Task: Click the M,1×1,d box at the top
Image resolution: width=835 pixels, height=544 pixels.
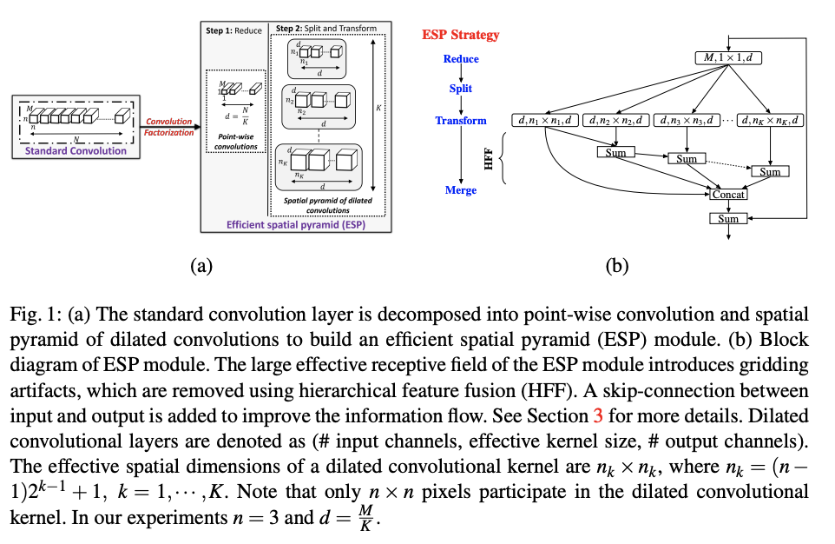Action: tap(728, 58)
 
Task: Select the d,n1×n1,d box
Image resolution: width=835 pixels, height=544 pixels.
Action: tap(546, 120)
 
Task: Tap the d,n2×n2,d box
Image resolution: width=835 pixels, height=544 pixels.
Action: tap(615, 120)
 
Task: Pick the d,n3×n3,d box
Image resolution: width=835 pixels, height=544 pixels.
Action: tap(686, 120)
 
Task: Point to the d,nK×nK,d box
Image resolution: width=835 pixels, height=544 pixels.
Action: tap(770, 120)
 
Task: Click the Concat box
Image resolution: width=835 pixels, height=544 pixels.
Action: tap(728, 195)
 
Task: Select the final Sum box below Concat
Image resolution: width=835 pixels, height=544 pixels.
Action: tap(728, 219)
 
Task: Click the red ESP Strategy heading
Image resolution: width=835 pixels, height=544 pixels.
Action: tap(461, 35)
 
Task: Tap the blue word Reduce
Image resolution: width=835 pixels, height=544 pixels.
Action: tap(461, 59)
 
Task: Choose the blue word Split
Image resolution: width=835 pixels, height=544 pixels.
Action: tap(461, 89)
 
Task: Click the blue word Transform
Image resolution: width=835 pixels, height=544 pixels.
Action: tap(461, 121)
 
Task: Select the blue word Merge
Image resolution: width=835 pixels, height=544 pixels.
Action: tap(461, 190)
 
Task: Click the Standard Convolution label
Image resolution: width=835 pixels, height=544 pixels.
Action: tap(76, 150)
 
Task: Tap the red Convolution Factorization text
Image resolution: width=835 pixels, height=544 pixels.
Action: tap(169, 127)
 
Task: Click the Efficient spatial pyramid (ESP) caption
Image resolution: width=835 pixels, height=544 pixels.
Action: tap(296, 223)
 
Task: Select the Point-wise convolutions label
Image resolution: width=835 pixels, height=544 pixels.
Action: tap(235, 142)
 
